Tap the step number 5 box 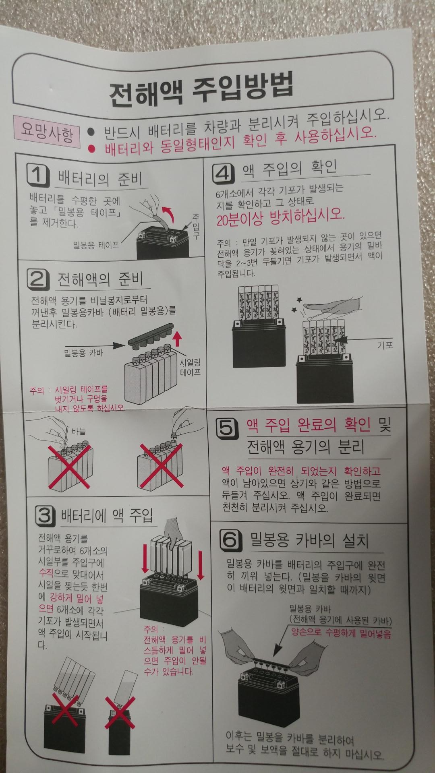coord(227,428)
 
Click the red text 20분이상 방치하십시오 coord(280,218)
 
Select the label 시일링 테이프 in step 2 coord(191,367)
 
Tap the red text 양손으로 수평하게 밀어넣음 coord(341,633)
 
